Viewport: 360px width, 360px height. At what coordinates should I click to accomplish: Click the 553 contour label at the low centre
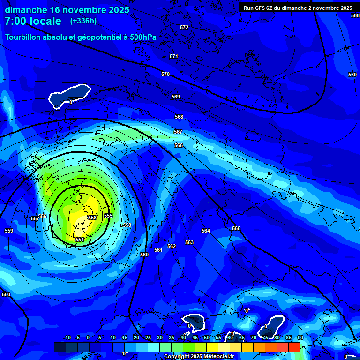point(92,217)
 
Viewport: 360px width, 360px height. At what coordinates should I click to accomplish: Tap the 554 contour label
point(80,240)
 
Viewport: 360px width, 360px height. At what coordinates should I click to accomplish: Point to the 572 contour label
point(184,27)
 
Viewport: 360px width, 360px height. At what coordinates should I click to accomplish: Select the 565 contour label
point(236,228)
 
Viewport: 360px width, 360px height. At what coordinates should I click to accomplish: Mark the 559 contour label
point(9,231)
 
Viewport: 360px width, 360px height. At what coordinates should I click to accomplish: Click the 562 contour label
point(172,246)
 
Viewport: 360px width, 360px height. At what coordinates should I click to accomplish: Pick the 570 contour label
point(165,74)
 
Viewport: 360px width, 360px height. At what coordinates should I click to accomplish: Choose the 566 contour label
point(179,145)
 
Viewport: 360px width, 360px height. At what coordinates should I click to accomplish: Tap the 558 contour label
point(127,225)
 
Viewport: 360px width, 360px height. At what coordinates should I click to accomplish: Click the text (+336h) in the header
point(83,21)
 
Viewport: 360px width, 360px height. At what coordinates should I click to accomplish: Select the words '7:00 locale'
point(33,21)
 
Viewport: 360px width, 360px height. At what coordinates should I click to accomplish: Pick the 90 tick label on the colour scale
point(300,337)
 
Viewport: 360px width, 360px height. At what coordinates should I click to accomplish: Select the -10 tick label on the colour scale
point(67,337)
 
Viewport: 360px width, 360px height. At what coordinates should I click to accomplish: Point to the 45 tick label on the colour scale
point(195,337)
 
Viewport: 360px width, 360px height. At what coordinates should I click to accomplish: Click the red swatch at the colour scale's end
point(294,347)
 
